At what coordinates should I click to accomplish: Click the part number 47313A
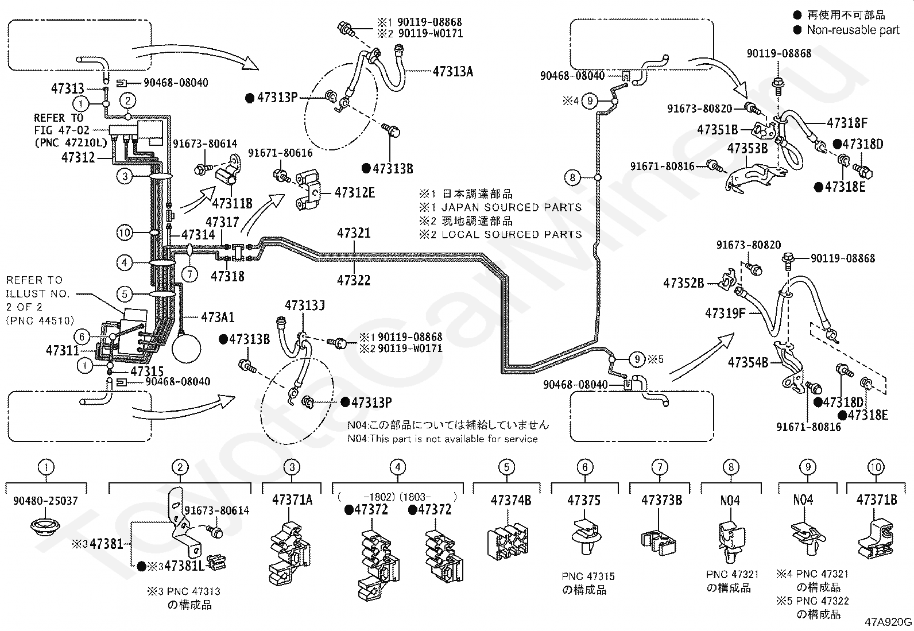(x=452, y=71)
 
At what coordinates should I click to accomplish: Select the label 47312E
(x=355, y=193)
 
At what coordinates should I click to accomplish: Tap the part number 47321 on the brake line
(x=354, y=233)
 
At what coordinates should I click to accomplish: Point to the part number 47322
(x=354, y=280)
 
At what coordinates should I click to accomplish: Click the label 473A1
(x=218, y=317)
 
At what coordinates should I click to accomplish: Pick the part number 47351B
(x=717, y=130)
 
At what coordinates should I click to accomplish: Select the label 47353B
(x=747, y=148)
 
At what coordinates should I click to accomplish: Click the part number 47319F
(x=725, y=313)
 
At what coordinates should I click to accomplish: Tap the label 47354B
(x=748, y=362)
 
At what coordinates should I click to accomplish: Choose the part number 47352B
(x=683, y=283)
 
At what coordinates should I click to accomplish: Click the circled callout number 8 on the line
(x=572, y=177)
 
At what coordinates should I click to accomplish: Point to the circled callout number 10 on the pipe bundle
(x=125, y=233)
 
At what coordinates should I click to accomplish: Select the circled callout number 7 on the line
(x=189, y=274)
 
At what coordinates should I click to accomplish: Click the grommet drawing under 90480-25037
(x=45, y=527)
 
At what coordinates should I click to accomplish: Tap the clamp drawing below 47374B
(x=508, y=541)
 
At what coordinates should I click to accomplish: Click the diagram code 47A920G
(x=888, y=622)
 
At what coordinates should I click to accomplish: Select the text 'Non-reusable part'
(x=853, y=30)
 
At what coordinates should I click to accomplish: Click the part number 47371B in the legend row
(x=877, y=500)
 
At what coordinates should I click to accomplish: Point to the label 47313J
(x=304, y=305)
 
